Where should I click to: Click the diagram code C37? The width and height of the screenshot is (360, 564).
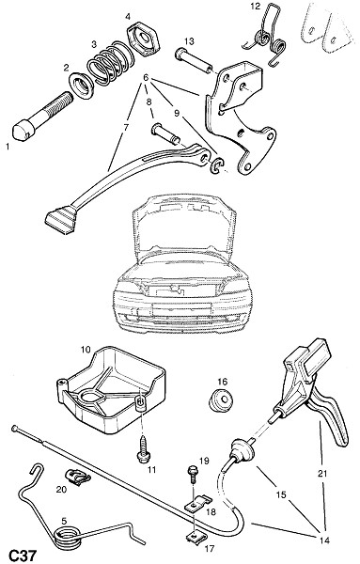[x=22, y=555]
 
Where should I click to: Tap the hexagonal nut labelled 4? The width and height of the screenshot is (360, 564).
[x=143, y=39]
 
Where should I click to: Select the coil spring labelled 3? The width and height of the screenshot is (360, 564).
[x=111, y=64]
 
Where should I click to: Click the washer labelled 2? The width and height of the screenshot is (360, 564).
[x=81, y=86]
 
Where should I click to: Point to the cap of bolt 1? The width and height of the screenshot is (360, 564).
[x=22, y=132]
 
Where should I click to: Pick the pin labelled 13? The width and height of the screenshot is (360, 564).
[x=194, y=61]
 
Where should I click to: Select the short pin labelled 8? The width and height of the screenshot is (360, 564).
[x=167, y=134]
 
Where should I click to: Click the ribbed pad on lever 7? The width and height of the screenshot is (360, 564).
[x=60, y=219]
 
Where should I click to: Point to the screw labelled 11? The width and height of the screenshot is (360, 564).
[x=144, y=448]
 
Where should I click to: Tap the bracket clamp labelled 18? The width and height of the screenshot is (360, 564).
[x=197, y=503]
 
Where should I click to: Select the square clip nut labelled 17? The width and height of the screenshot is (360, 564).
[x=195, y=537]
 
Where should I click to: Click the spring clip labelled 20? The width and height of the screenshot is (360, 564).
[x=77, y=478]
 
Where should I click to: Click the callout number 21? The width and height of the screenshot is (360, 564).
[x=322, y=474]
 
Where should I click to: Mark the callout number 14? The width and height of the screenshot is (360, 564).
[x=324, y=540]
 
